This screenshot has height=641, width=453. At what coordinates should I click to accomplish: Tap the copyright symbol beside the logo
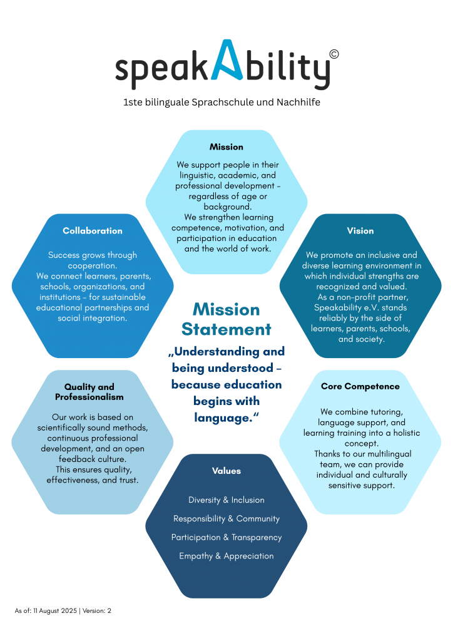coord(333,54)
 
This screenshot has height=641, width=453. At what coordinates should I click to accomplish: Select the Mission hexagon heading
coord(227,146)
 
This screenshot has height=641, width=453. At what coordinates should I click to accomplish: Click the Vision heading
coord(360,231)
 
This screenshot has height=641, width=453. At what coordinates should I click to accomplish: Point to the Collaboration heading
coord(93,231)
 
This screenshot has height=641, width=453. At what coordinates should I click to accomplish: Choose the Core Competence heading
coord(360,386)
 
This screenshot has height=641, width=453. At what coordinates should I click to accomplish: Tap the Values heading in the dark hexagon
coord(227,471)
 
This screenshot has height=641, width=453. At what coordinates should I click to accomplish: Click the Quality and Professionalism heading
coord(89,392)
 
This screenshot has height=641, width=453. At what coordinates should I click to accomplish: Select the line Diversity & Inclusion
coord(227,500)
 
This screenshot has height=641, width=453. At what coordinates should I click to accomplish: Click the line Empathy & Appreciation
coord(227,556)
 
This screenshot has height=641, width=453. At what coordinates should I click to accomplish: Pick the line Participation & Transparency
coord(227,537)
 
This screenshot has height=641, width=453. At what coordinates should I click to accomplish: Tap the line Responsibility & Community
coord(227,518)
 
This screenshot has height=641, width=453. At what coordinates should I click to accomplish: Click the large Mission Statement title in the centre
coord(227,319)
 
